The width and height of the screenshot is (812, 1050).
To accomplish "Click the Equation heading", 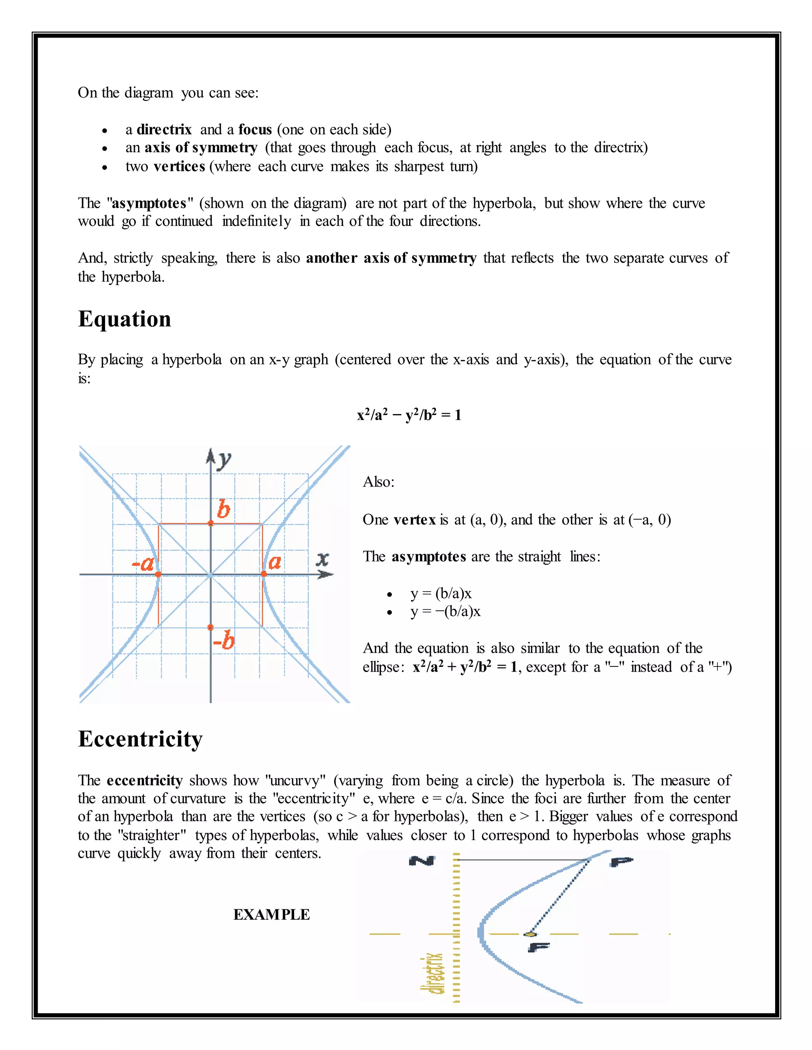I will (124, 319).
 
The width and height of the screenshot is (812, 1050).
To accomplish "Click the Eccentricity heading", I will (140, 739).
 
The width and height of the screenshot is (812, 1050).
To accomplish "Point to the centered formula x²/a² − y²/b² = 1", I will (409, 414).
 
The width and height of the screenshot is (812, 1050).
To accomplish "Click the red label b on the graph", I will (223, 509).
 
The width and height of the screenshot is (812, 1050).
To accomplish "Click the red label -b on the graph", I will (224, 641).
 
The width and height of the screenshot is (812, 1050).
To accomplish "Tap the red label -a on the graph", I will (142, 563).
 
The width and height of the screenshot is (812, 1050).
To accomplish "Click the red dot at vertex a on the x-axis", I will (264, 574).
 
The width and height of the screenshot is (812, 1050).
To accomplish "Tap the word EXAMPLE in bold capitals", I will (271, 914).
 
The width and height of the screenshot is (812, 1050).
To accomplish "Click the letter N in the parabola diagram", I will (422, 861).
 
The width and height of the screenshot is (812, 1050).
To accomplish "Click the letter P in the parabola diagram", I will (622, 861).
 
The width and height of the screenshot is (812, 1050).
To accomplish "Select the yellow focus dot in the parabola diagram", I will (530, 934).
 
